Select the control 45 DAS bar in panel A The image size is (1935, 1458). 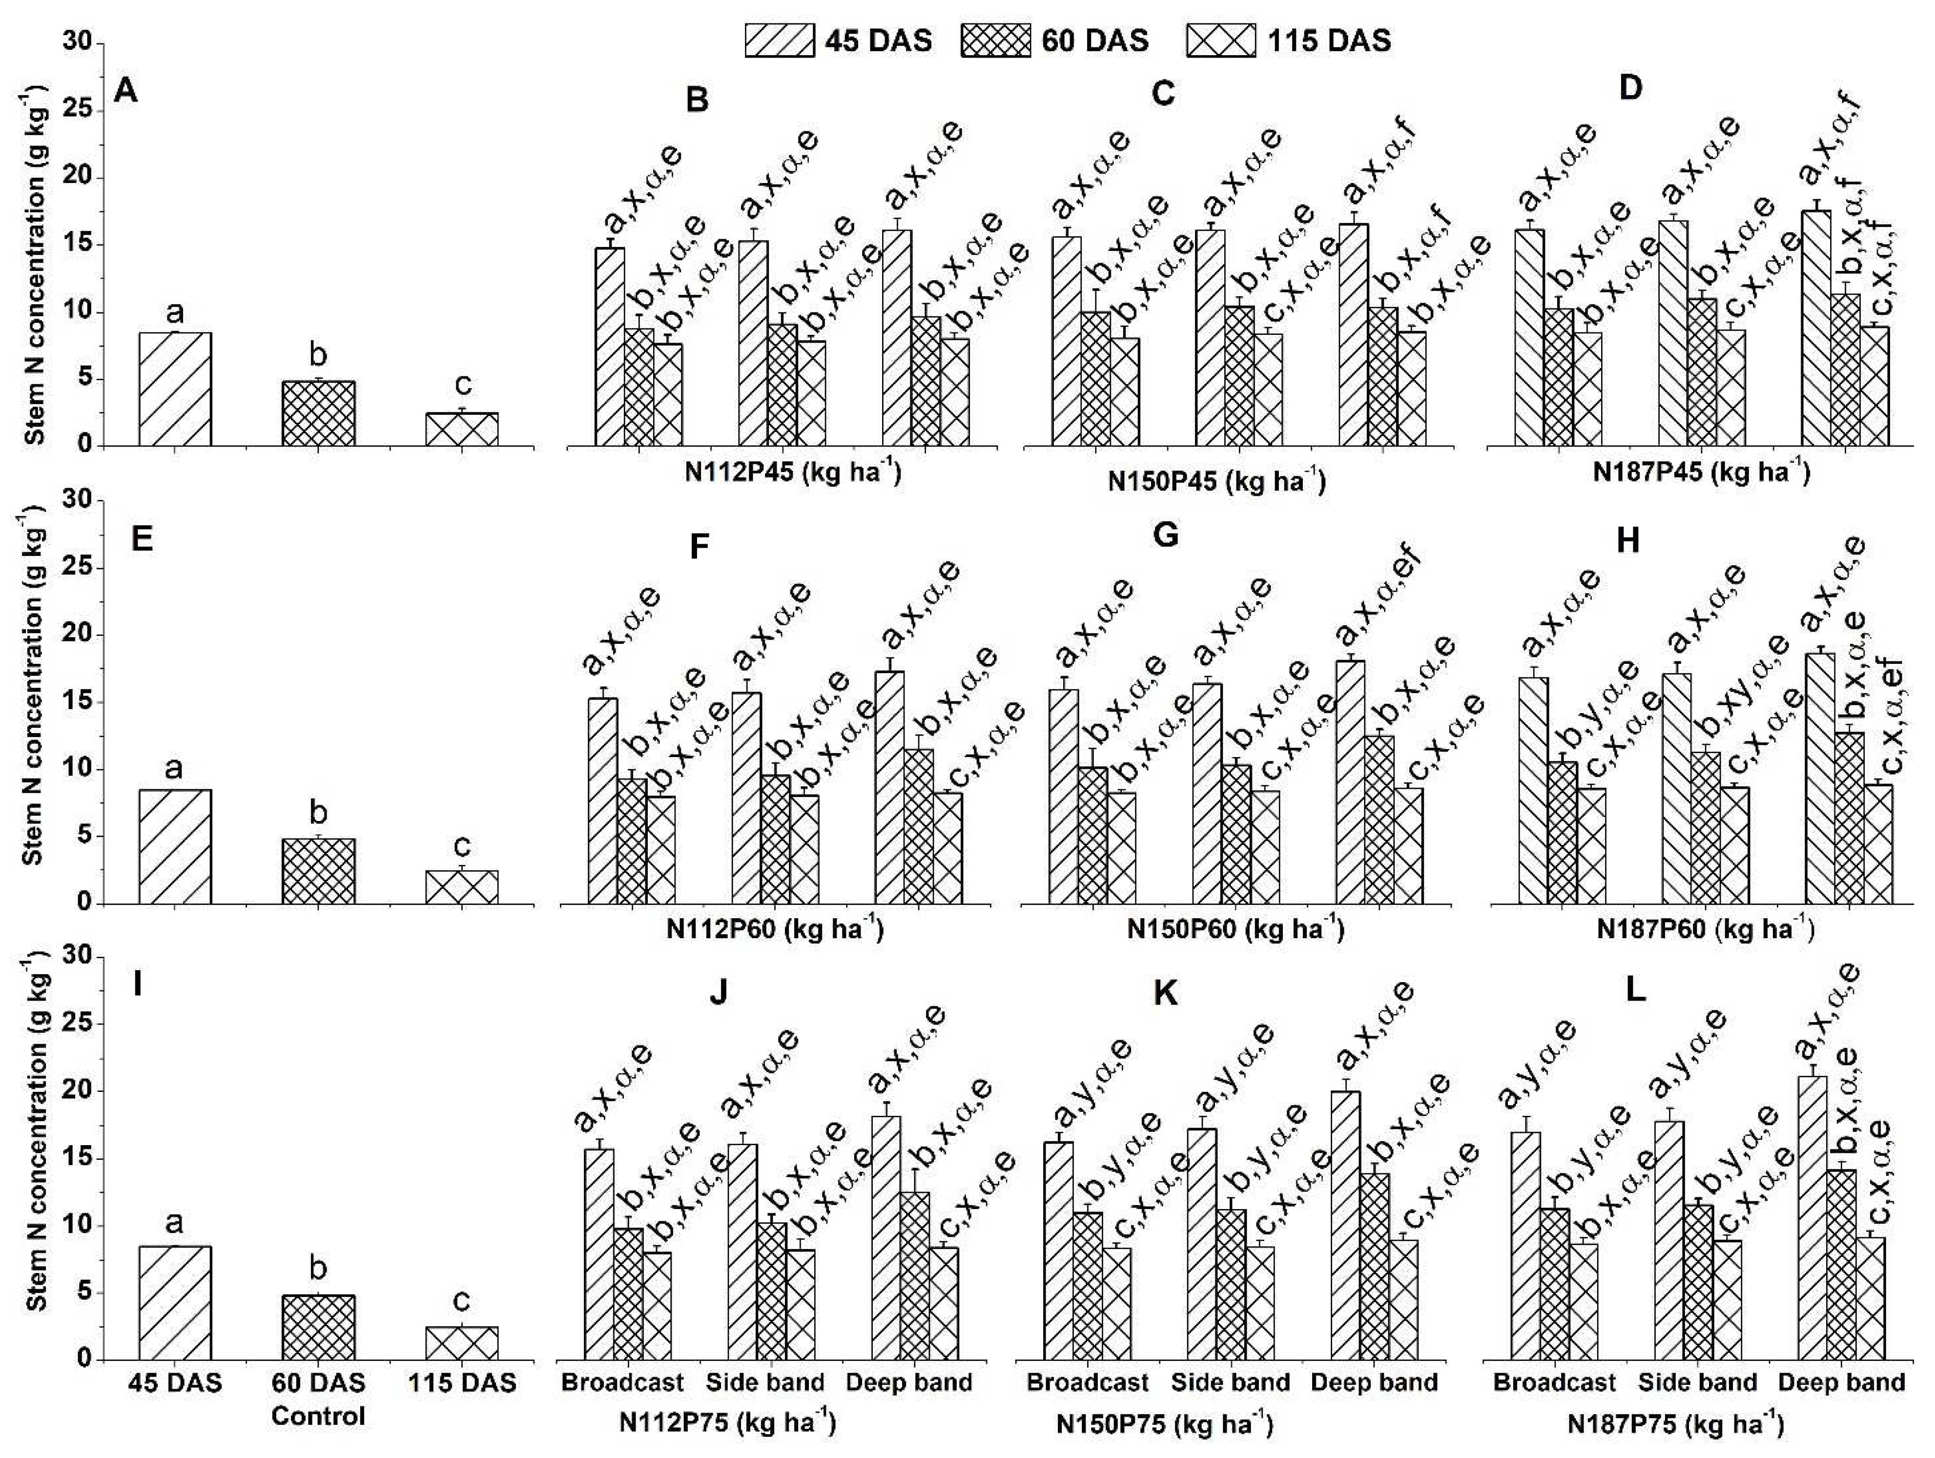174,389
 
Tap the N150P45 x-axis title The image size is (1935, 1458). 1216,481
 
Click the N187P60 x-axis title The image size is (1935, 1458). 1705,928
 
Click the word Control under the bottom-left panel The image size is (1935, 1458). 318,1416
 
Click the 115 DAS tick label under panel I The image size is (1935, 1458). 462,1383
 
